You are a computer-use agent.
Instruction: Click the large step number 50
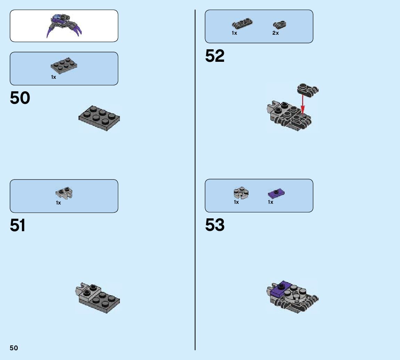(20, 98)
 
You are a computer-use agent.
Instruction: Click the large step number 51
(18, 226)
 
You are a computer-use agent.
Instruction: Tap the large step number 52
(215, 56)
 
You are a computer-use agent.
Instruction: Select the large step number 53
(215, 225)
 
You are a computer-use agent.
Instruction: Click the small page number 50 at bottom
(14, 348)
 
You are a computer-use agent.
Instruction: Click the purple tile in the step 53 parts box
(277, 193)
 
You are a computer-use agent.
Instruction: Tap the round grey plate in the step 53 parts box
(241, 193)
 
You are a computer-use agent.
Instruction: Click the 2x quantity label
(275, 33)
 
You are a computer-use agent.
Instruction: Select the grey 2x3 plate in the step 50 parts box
(64, 66)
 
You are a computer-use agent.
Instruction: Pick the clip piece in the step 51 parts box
(64, 193)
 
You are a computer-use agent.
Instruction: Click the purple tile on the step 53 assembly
(280, 289)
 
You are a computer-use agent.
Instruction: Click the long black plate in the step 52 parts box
(242, 24)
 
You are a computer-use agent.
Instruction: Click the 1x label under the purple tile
(270, 202)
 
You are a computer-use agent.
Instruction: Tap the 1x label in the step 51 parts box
(58, 203)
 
